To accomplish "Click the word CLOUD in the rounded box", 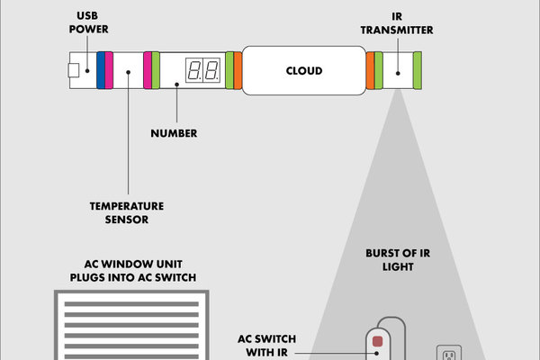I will pos(303,70).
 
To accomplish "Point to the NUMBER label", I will pos(175,134).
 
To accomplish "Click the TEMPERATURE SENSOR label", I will pos(120,212).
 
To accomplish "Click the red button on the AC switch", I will pos(378,341).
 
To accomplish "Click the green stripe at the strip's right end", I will pos(418,70).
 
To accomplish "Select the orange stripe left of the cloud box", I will pos(238,70).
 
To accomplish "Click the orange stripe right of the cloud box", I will pos(370,70).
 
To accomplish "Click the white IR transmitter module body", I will pos(398,70).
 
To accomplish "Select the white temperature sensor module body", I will pos(128,70).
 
